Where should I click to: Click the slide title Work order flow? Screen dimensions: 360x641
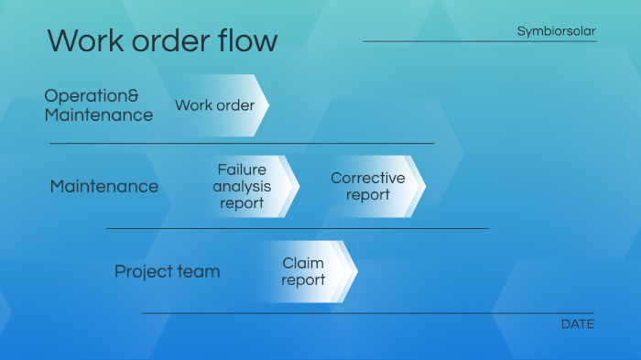(x=162, y=40)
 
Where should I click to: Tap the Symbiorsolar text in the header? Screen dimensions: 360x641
(x=556, y=31)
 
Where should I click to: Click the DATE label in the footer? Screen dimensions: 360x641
(x=577, y=324)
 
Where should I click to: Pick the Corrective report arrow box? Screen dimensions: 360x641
(x=369, y=186)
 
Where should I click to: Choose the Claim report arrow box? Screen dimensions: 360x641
(x=305, y=272)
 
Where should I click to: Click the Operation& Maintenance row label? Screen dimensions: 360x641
(x=99, y=105)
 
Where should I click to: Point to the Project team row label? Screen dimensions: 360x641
(x=167, y=272)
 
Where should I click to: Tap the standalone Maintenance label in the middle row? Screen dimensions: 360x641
(x=103, y=186)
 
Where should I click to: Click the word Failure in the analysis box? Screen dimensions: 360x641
(x=242, y=169)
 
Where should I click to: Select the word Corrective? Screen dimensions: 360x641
(x=367, y=178)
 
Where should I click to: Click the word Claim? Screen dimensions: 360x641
(x=303, y=264)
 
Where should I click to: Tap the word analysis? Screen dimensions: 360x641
(x=242, y=186)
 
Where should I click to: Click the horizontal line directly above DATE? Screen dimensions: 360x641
(x=366, y=313)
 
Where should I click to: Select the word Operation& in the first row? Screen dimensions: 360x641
(x=92, y=95)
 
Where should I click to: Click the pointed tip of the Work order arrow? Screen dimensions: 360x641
(x=266, y=105)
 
